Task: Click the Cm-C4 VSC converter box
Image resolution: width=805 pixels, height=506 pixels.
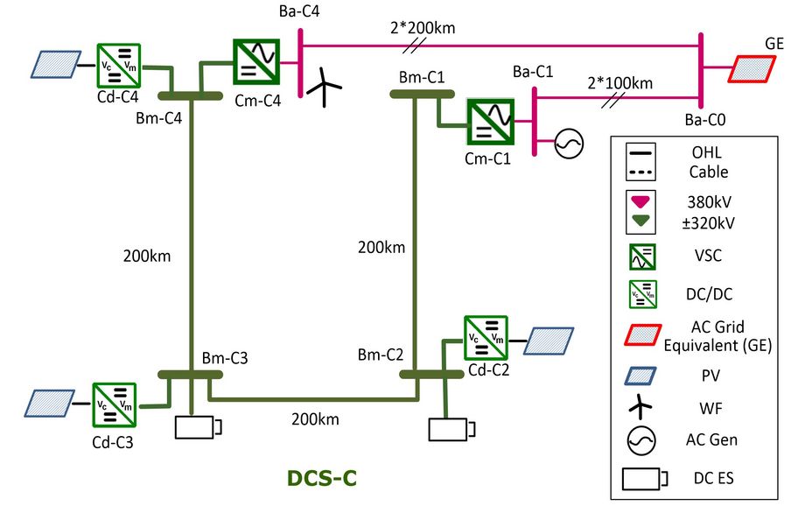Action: click(x=255, y=61)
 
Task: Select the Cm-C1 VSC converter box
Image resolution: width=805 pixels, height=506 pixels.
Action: click(x=490, y=121)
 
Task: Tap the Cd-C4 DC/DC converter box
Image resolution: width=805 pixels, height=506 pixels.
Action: click(x=118, y=65)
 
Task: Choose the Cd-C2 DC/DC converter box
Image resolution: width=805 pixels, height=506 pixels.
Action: click(x=486, y=339)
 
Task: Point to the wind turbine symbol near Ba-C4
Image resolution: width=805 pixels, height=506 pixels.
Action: click(x=325, y=88)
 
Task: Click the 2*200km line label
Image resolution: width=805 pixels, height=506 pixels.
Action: click(x=423, y=28)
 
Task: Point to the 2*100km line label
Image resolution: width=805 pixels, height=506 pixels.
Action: click(x=620, y=83)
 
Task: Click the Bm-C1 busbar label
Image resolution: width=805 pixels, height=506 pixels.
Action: click(x=422, y=77)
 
